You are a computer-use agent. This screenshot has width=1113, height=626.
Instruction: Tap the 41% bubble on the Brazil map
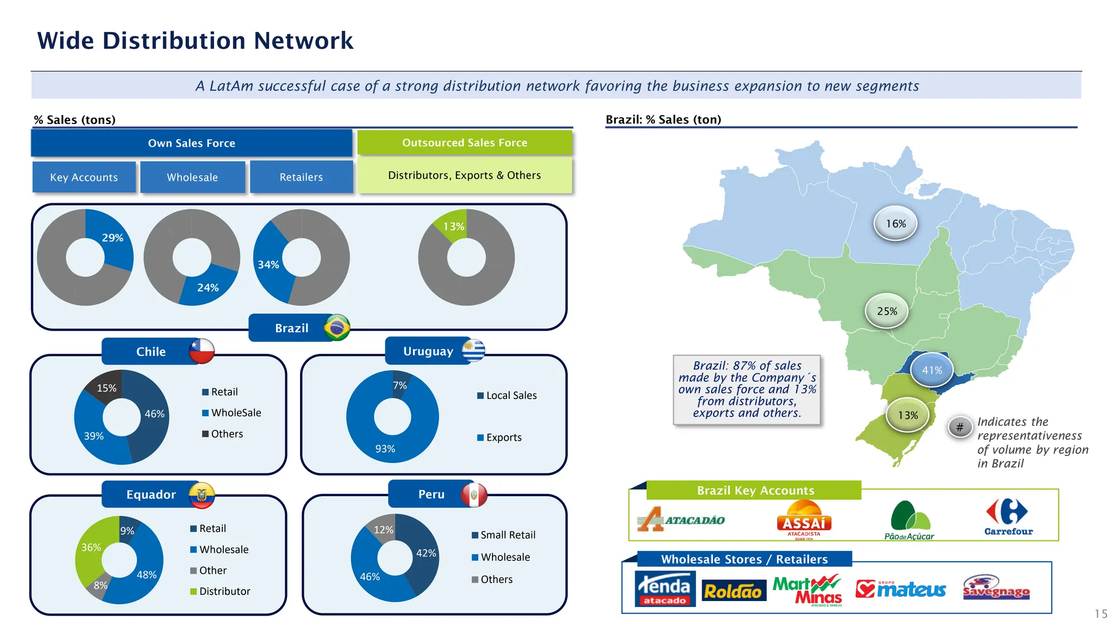pyautogui.click(x=931, y=370)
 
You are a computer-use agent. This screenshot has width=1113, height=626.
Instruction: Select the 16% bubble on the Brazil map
pyautogui.click(x=896, y=223)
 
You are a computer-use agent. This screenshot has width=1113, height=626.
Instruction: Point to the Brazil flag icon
pyautogui.click(x=337, y=328)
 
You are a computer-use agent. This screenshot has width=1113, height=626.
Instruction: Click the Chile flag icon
pyautogui.click(x=202, y=351)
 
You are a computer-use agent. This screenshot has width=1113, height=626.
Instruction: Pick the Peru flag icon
pyautogui.click(x=474, y=494)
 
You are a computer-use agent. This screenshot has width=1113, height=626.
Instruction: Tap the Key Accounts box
pyautogui.click(x=84, y=177)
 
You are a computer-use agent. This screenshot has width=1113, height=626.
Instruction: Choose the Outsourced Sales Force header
pyautogui.click(x=464, y=143)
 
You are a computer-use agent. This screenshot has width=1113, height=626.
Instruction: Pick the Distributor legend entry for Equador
pyautogui.click(x=220, y=591)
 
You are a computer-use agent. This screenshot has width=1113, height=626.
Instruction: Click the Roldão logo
pyautogui.click(x=733, y=591)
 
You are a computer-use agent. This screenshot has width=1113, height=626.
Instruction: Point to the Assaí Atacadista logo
pyautogui.click(x=804, y=521)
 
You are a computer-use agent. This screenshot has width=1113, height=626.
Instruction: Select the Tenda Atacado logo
pyautogui.click(x=665, y=589)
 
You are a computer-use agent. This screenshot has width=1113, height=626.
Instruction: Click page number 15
pyautogui.click(x=1101, y=614)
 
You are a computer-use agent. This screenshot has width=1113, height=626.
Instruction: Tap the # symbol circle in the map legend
pyautogui.click(x=960, y=427)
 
